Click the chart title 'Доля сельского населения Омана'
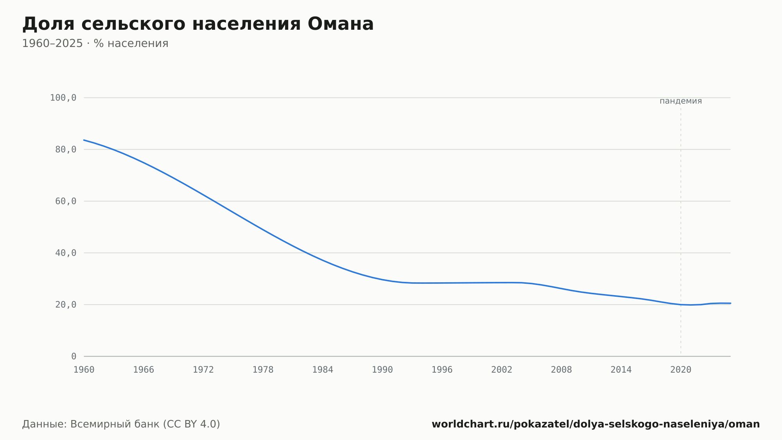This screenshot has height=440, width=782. (198, 24)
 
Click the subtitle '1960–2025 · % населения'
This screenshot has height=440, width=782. (95, 43)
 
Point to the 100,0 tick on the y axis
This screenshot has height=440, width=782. (63, 98)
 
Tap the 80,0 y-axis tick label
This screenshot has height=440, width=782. (66, 150)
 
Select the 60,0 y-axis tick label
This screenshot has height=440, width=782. (66, 201)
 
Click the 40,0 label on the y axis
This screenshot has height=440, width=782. (66, 253)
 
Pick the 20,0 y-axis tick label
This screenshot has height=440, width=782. (66, 305)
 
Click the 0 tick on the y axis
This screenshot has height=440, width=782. (74, 356)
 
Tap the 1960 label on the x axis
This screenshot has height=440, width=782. (84, 370)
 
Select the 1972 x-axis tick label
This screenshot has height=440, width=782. (203, 370)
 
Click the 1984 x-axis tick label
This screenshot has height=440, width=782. (323, 370)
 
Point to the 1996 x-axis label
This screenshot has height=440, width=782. (442, 370)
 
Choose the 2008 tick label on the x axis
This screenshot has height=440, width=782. (561, 370)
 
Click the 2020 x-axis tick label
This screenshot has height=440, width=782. (681, 370)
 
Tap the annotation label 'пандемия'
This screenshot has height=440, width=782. (681, 101)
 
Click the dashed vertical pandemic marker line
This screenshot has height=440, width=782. (681, 231)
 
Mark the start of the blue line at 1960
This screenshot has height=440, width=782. (84, 140)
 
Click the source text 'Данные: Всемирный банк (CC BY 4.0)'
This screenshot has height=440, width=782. (121, 424)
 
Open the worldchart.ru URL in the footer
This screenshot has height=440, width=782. (595, 424)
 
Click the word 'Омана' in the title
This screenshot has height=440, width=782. (341, 24)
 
